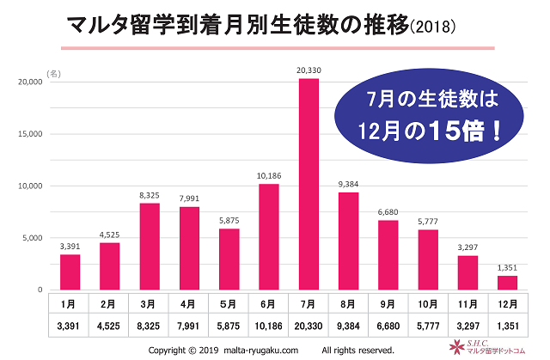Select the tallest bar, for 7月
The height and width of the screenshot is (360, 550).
click(x=309, y=184)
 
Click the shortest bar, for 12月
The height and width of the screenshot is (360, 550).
click(x=508, y=283)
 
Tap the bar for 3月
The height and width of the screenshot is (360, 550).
click(x=149, y=246)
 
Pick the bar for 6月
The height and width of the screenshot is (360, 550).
click(x=268, y=236)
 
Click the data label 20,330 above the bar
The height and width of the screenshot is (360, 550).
click(x=309, y=70)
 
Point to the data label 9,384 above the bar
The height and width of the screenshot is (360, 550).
click(x=348, y=185)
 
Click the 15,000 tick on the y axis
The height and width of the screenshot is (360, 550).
click(x=30, y=134)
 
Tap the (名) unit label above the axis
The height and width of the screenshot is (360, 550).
click(x=54, y=76)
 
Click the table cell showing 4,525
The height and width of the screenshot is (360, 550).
click(x=109, y=326)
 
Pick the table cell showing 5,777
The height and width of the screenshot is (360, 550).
click(x=428, y=326)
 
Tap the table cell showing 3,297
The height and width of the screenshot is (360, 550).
click(x=468, y=326)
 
